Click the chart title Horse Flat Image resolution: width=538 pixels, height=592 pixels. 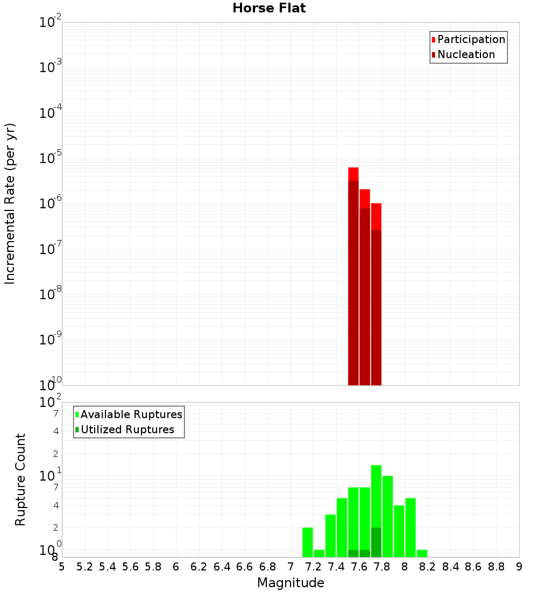point(269,8)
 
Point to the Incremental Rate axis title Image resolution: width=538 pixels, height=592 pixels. point(10,203)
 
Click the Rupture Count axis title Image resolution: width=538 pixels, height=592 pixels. point(20,480)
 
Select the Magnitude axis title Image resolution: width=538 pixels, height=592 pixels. point(291,583)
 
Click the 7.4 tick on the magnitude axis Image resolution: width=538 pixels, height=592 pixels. point(336,567)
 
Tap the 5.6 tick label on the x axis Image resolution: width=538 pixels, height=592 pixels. point(130,567)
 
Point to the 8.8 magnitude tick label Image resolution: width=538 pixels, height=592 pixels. point(496,567)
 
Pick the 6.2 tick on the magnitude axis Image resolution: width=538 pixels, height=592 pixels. point(199,567)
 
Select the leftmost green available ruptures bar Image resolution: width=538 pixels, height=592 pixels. point(308,542)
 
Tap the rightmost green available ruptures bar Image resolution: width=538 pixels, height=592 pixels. point(422,553)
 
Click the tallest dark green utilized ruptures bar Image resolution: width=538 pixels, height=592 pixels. point(376,542)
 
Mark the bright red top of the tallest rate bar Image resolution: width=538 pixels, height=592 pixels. point(353,174)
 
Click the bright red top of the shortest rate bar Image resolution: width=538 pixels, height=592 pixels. point(376,216)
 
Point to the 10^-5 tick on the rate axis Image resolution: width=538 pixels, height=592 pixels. point(52,159)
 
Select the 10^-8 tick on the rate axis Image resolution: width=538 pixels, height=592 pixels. point(52,294)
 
